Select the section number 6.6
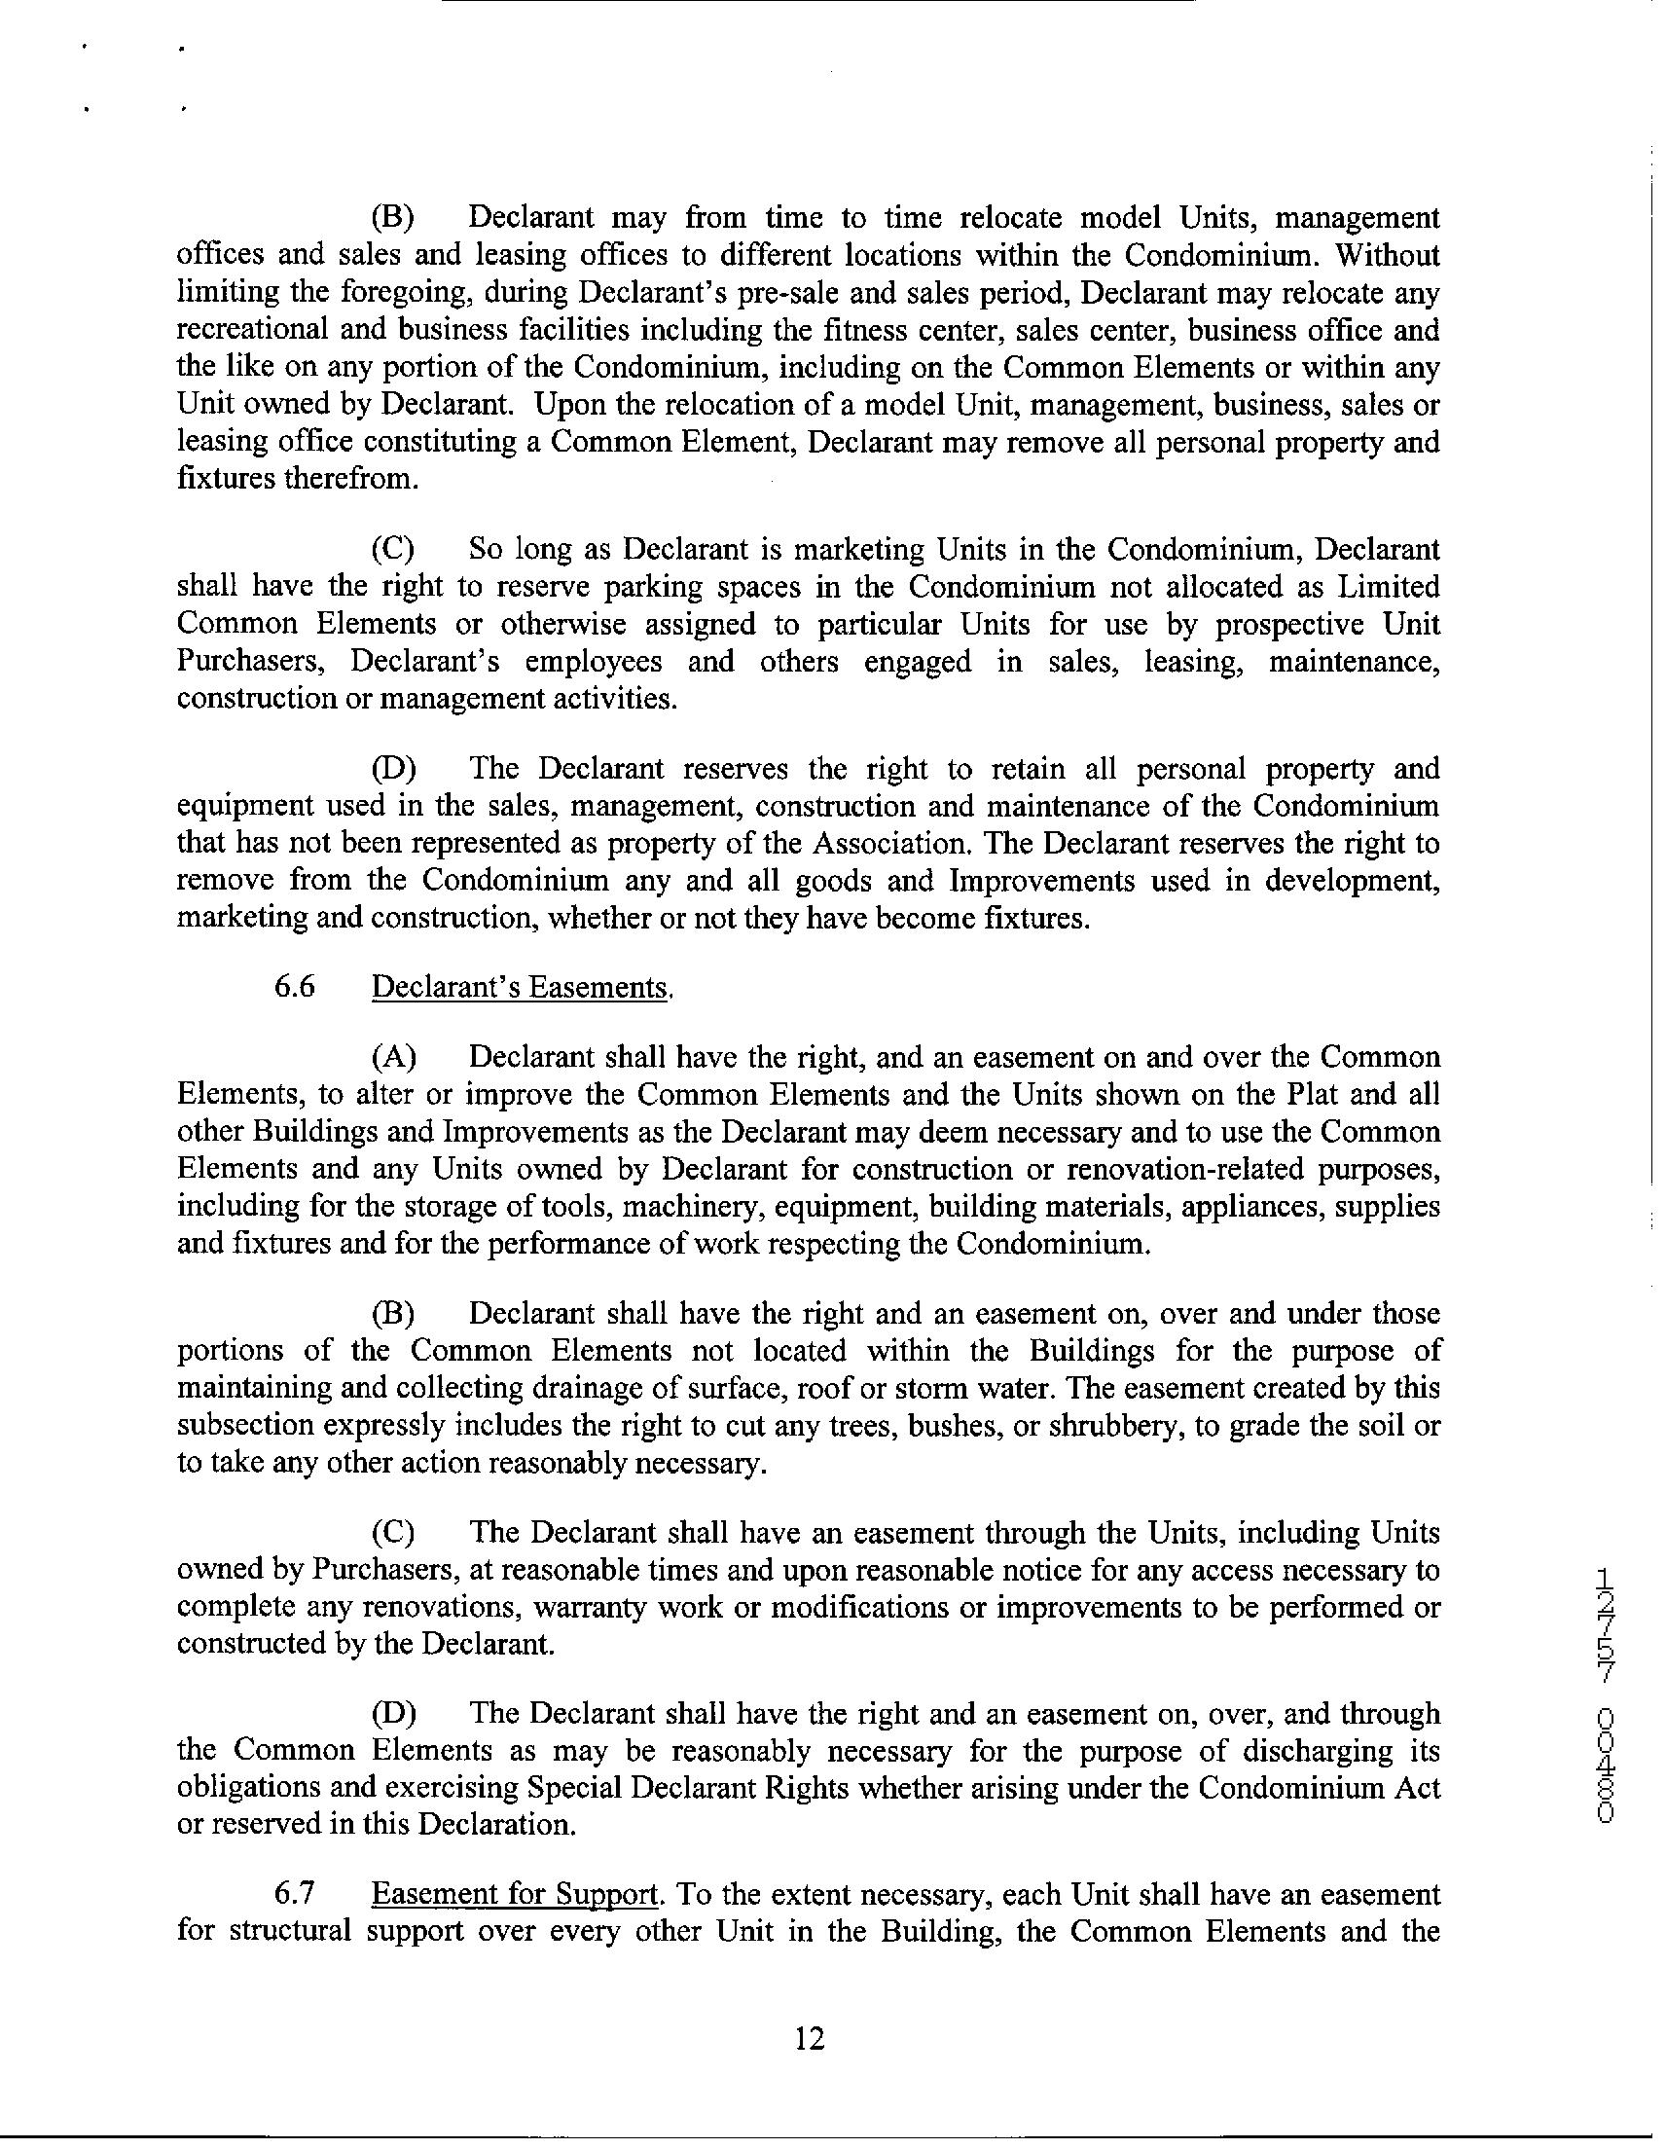click(294, 986)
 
